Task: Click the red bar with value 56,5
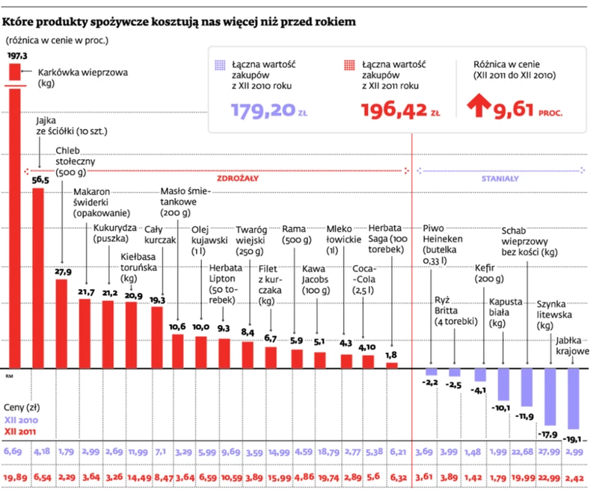click(x=38, y=276)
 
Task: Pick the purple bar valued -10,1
click(x=501, y=385)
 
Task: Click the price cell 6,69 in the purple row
click(x=13, y=452)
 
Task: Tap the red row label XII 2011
click(x=21, y=432)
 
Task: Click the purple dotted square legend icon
click(x=218, y=66)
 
